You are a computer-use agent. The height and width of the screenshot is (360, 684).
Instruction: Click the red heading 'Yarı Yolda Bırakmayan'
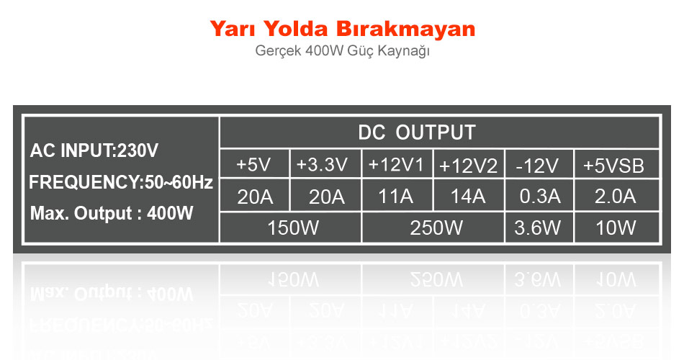(343, 29)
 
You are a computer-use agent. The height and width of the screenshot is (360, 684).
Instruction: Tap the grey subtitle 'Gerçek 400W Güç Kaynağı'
(343, 51)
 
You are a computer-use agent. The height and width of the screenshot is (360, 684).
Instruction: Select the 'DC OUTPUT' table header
(417, 132)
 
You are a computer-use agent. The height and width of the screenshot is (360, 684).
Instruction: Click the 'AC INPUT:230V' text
(94, 150)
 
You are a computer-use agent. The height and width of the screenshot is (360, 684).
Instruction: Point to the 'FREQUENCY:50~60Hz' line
(121, 182)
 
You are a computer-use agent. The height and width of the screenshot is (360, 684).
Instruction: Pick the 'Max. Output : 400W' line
(112, 213)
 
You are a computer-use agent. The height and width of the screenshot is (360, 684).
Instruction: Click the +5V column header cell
(254, 164)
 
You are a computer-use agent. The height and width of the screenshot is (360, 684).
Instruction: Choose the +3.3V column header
(325, 164)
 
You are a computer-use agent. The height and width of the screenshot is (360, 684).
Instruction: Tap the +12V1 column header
(397, 164)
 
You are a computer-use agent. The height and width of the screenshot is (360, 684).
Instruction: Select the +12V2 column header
(469, 164)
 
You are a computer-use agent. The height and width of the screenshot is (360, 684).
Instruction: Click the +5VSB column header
(617, 164)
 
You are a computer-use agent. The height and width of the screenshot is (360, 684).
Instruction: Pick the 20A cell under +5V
(255, 196)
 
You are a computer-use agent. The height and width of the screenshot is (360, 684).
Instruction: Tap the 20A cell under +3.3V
(326, 196)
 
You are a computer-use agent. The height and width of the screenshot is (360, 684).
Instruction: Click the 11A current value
(396, 196)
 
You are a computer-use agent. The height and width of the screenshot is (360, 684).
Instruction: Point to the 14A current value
(467, 196)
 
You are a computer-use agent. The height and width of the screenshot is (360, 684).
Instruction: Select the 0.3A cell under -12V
(539, 196)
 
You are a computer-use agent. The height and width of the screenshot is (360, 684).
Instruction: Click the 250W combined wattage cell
(433, 228)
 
